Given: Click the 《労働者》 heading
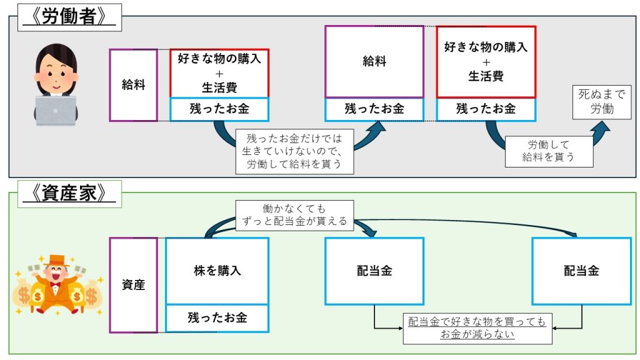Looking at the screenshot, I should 69,17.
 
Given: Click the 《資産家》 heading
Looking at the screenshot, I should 69,194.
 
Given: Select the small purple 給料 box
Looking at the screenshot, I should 133,85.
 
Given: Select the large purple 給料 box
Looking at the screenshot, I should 374,61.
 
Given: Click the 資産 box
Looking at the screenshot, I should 133,285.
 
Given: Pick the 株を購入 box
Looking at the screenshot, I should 217,271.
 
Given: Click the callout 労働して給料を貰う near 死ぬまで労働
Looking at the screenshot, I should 548,151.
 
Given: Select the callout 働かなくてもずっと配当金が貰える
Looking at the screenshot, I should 294,214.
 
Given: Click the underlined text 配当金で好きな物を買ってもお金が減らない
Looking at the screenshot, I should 477,328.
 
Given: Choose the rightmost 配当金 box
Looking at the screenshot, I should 581,271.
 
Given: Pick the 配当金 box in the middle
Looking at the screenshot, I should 374,271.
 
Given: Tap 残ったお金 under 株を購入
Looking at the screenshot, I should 217,317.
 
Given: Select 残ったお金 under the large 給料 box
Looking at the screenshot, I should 374,109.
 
